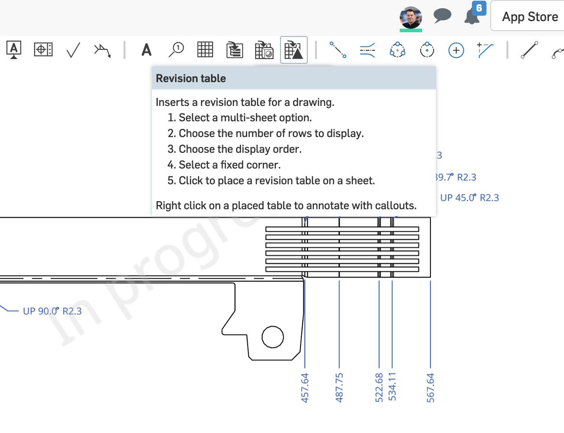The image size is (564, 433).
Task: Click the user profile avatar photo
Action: coord(411,18)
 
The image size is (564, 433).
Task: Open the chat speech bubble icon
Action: coord(442,16)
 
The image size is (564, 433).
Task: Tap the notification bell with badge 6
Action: coord(472,17)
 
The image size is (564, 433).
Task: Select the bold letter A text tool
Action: coord(146,50)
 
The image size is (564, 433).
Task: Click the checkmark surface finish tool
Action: coord(73,50)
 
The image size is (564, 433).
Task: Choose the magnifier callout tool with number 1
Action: coord(176,49)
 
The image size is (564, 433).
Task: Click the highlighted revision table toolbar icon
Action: coord(294,50)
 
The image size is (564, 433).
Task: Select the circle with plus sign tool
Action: coord(456,50)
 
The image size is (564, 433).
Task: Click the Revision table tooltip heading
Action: coord(191,78)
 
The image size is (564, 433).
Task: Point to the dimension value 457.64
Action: coord(305,388)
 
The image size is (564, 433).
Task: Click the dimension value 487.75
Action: coord(339,388)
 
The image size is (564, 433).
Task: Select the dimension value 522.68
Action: coord(379,388)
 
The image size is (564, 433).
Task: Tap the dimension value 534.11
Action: coord(392,387)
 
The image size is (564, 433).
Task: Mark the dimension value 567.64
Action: coord(430,388)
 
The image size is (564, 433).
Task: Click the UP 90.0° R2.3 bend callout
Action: coord(52,311)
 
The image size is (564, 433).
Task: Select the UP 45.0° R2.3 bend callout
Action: coord(469,198)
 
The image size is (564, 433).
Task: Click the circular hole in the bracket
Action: coord(273,337)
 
